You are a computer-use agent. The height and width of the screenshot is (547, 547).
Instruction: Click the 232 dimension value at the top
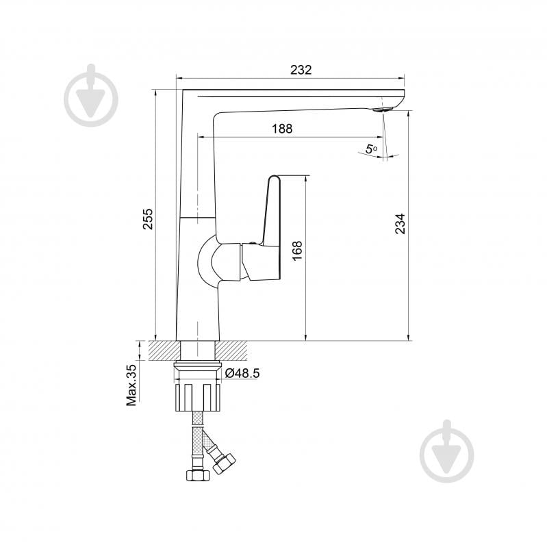click(x=301, y=69)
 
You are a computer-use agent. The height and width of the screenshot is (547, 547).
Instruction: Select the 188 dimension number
click(x=281, y=128)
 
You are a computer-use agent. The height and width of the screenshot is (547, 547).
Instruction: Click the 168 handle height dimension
click(x=296, y=251)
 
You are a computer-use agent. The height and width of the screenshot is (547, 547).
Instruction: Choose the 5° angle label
click(x=372, y=149)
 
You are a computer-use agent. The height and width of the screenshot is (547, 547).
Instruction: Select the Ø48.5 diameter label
click(x=242, y=373)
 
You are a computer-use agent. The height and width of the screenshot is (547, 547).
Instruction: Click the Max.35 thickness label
click(x=132, y=385)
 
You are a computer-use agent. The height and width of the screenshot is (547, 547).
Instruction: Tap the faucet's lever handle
click(x=270, y=212)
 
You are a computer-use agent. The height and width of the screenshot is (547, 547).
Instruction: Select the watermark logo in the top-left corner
click(x=91, y=97)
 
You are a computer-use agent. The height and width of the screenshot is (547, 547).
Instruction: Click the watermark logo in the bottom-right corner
click(x=446, y=452)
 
